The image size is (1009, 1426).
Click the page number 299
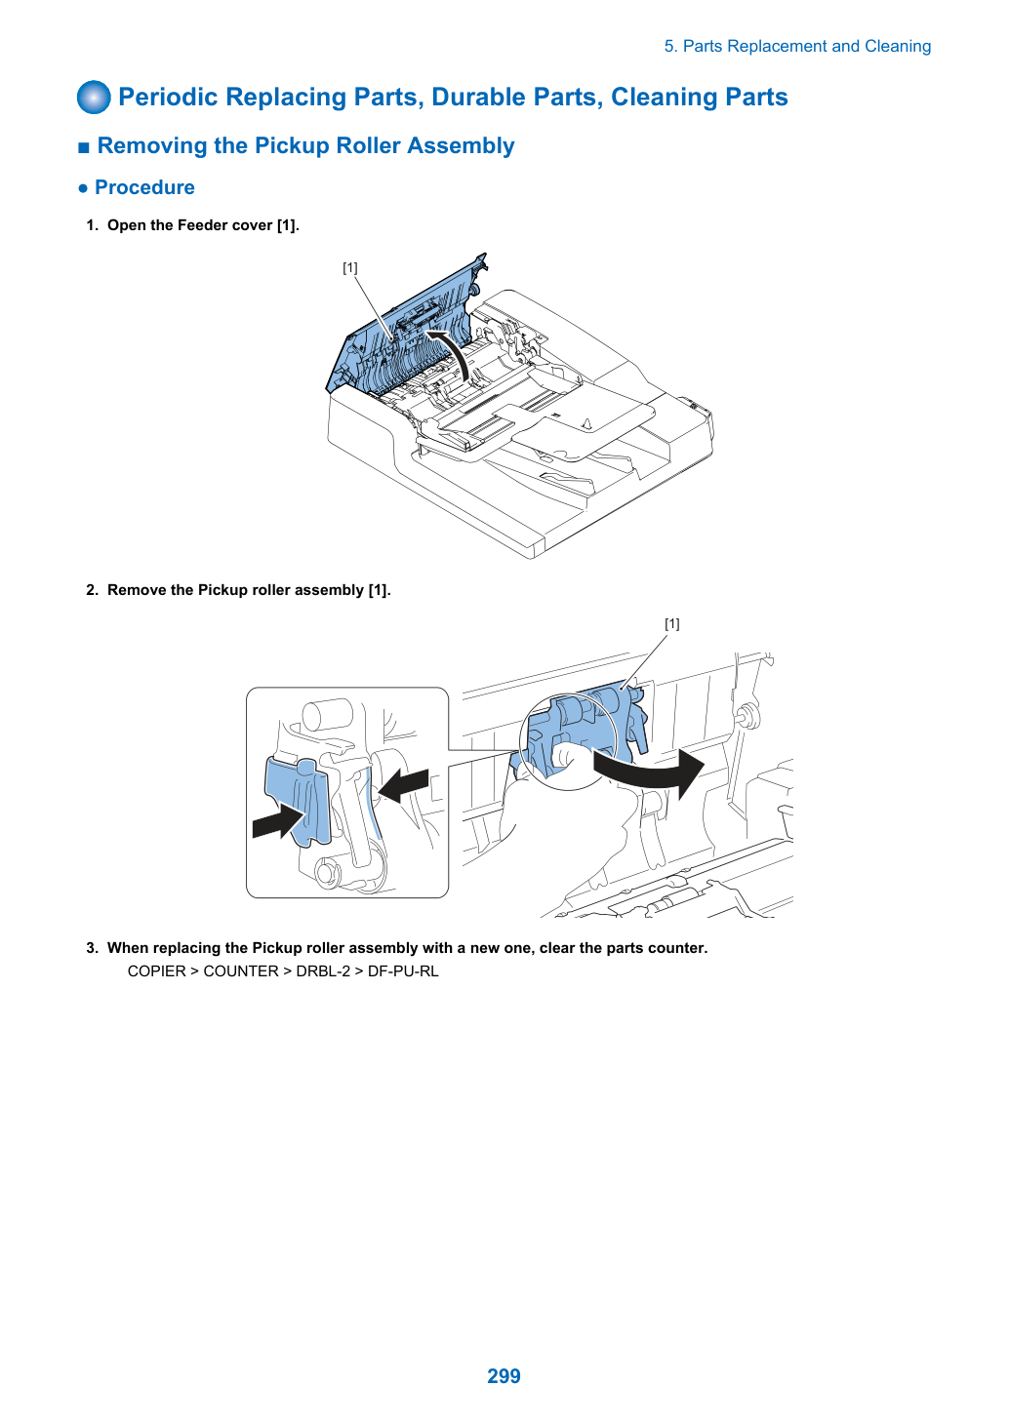(504, 1375)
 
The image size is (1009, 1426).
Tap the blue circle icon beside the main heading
(94, 98)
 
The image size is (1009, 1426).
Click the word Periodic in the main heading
(168, 97)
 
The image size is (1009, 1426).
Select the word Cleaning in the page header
(898, 47)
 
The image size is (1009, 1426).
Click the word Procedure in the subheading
(144, 187)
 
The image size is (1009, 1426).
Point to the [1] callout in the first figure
(349, 268)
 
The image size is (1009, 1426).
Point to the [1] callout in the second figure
(672, 624)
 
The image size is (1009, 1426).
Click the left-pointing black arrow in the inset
(403, 785)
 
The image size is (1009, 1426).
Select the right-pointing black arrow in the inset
(279, 821)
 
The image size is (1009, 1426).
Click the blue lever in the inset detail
(299, 802)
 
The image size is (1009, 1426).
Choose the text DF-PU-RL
(403, 971)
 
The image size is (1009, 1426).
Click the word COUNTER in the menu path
(241, 971)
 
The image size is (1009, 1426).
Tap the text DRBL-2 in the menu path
(323, 971)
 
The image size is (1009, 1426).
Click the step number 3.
(92, 948)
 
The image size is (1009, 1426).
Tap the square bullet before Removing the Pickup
(83, 147)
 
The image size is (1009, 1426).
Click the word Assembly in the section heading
(461, 145)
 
